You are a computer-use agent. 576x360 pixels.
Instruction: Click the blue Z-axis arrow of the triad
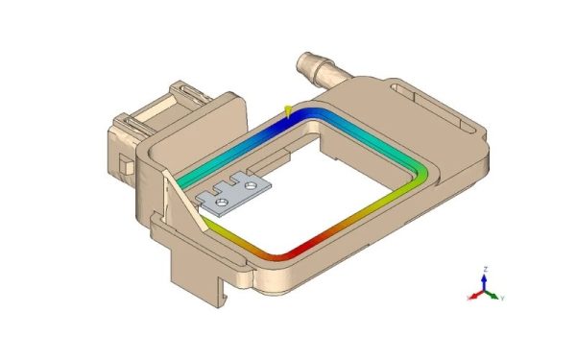pos(485,279)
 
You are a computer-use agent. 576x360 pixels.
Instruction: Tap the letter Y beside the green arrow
pos(503,299)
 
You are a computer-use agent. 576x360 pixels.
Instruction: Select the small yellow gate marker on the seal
pos(287,111)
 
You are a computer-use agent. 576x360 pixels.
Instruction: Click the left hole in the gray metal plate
pos(222,203)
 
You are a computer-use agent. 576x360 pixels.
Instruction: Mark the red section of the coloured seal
pos(288,253)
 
